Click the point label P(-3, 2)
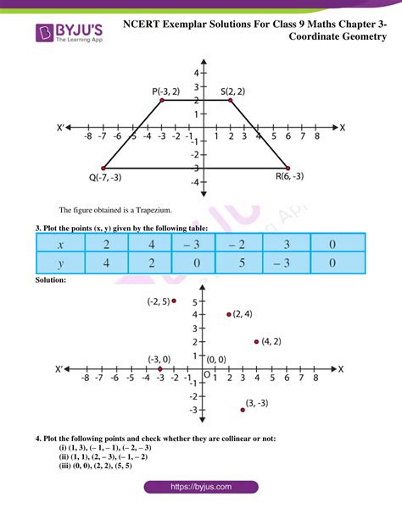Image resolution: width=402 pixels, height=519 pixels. pos(166,91)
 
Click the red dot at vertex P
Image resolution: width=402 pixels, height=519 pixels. pos(160,101)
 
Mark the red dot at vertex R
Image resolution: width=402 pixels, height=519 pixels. pos(288,168)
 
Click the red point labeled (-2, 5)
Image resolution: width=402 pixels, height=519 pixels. pos(174,301)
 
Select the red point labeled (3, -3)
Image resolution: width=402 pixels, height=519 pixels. pos(243,410)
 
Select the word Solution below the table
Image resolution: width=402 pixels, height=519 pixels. pos(52,279)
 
